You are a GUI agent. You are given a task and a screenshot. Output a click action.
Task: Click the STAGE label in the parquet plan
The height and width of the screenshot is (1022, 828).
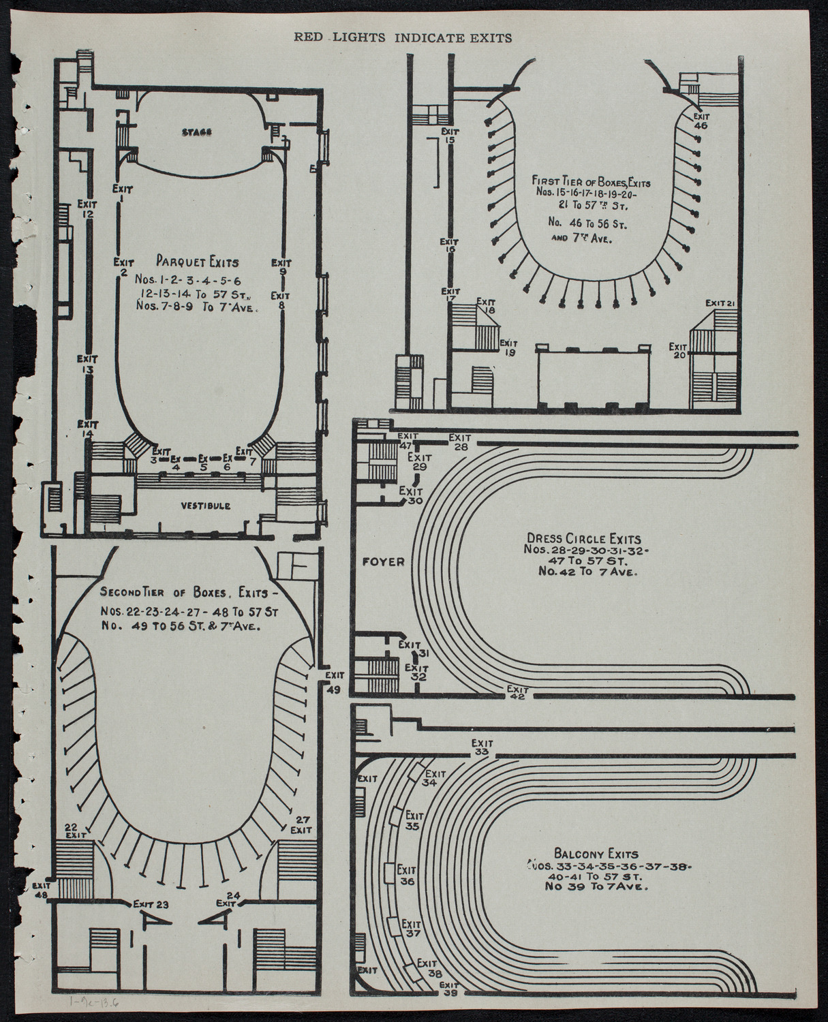tap(198, 132)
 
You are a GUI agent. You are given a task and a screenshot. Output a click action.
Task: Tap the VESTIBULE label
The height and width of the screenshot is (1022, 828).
tap(205, 506)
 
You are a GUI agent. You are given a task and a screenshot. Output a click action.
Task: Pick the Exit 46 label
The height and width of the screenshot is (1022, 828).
tap(701, 121)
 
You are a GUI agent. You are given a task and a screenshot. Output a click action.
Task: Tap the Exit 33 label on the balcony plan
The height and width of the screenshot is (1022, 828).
tap(482, 747)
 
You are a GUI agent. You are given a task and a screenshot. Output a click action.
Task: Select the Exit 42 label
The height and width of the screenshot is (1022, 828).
tap(517, 692)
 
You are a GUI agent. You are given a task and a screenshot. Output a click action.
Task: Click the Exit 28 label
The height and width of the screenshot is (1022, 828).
tap(459, 442)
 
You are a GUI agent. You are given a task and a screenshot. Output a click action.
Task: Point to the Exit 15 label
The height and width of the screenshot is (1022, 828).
tap(449, 135)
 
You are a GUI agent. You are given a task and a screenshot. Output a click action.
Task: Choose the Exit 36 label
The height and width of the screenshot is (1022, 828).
tap(408, 875)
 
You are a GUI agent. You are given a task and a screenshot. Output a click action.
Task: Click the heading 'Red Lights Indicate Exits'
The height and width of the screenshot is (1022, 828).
tap(403, 38)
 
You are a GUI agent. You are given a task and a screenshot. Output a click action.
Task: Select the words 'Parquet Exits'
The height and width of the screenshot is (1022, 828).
tap(197, 260)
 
